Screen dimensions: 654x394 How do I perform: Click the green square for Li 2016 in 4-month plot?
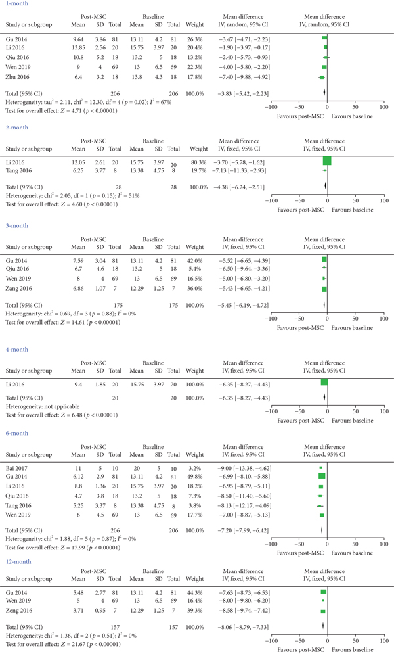pos(324,383)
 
